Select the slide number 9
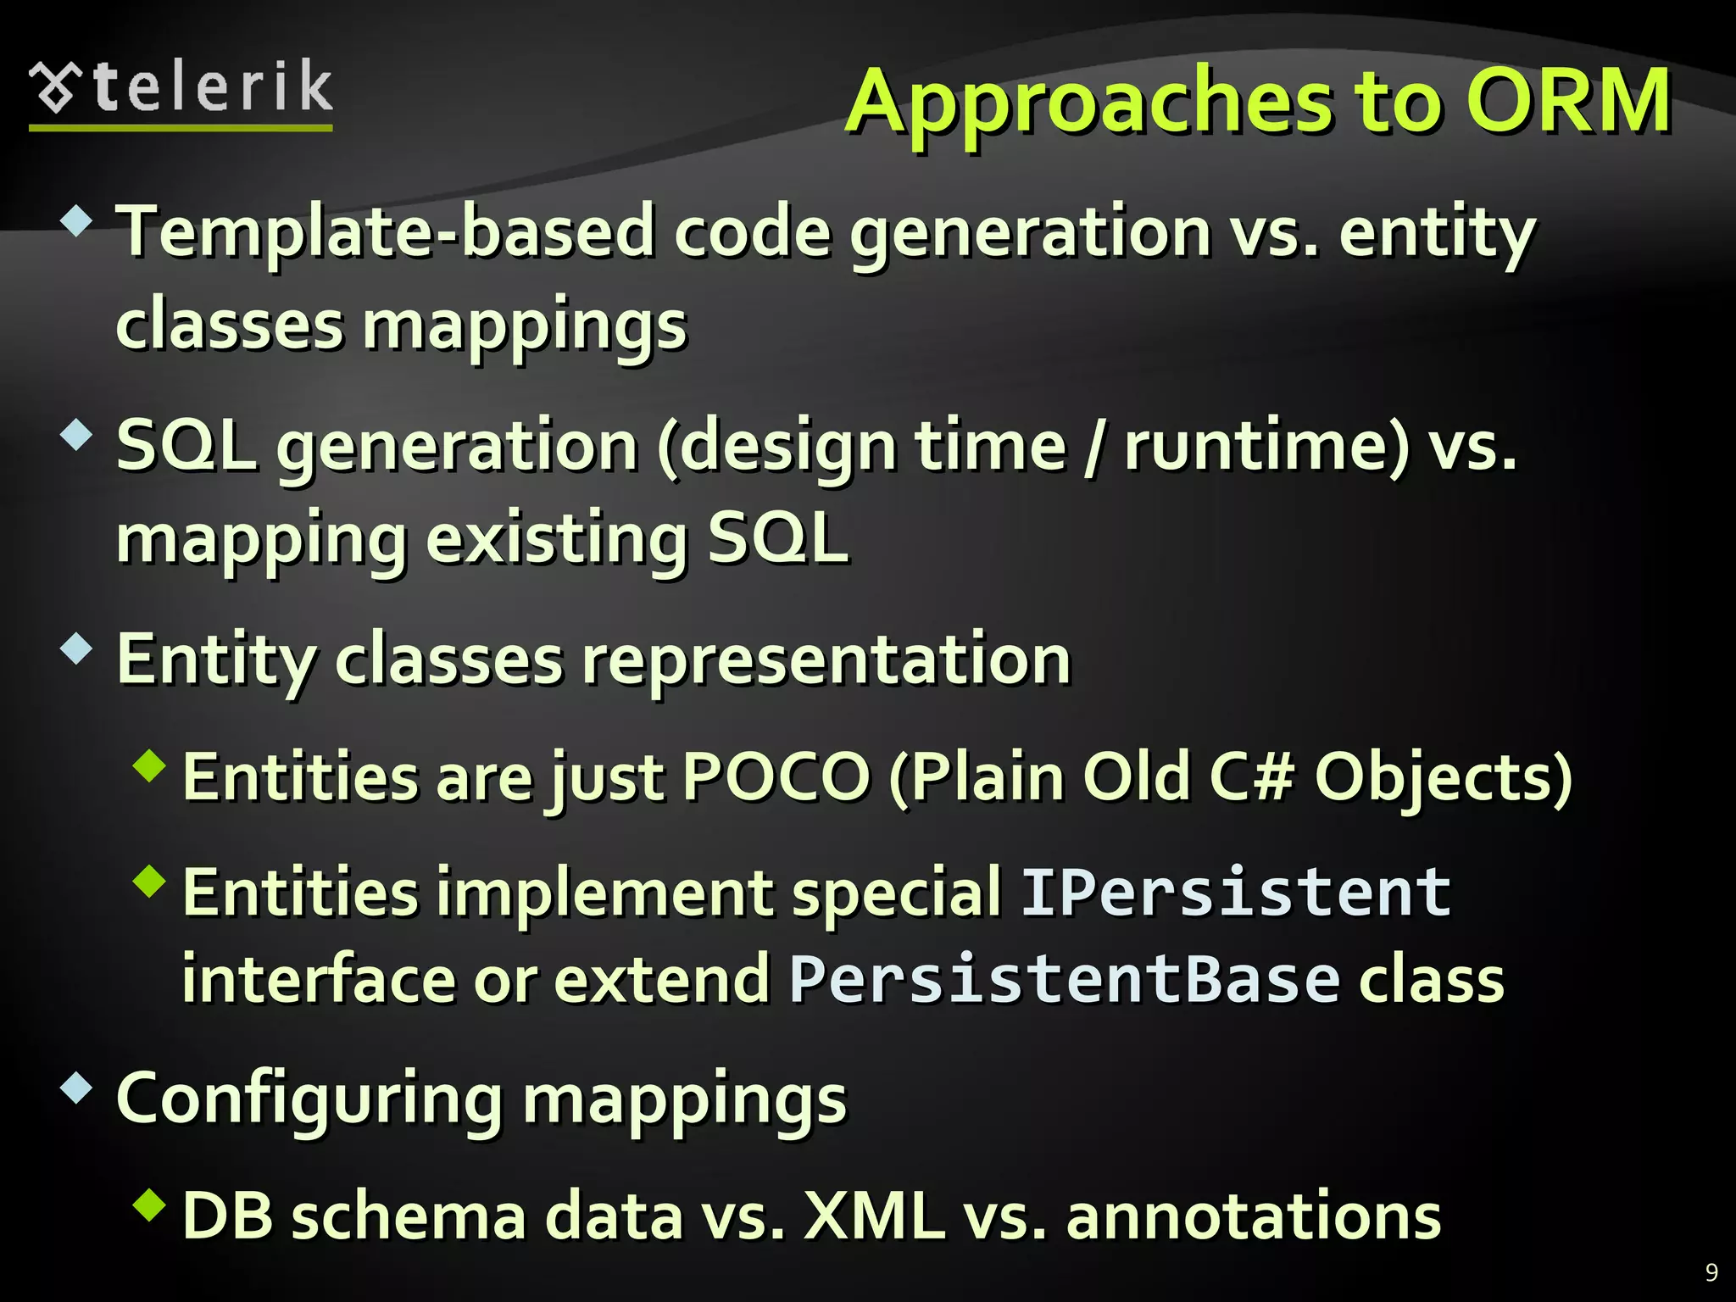(1711, 1272)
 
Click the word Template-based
(386, 233)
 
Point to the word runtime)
(1267, 447)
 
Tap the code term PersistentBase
(1064, 979)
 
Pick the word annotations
(1253, 1216)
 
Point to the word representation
(826, 660)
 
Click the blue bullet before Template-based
(76, 221)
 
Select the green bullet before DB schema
(150, 1205)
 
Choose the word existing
(555, 539)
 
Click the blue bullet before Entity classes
(76, 649)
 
